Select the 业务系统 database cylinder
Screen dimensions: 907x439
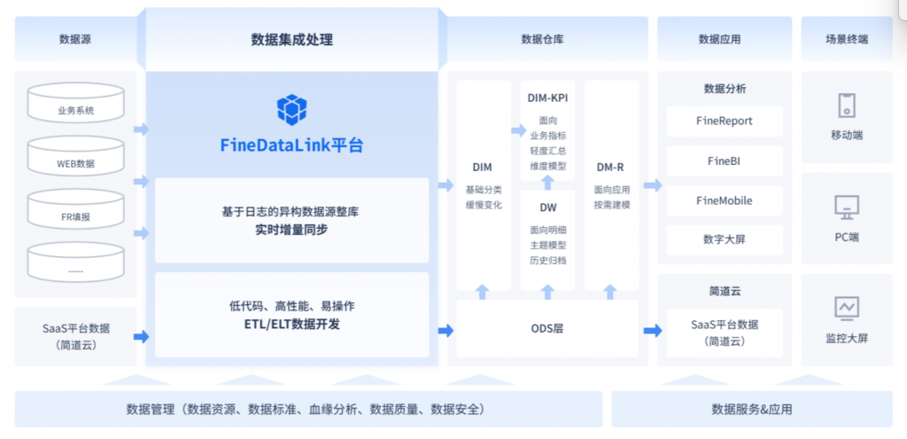pos(76,103)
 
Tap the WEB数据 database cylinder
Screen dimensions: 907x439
pos(76,156)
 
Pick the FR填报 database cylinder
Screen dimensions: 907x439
pos(76,209)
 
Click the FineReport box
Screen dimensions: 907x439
pos(725,122)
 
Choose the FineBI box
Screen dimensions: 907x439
pos(725,161)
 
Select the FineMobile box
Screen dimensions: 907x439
pos(725,201)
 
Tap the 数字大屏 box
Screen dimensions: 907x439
pos(725,240)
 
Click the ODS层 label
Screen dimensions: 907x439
pos(547,329)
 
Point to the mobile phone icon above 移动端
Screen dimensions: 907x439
pos(846,106)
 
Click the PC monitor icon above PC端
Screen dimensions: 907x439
pos(846,208)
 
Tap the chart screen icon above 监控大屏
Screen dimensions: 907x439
pos(846,308)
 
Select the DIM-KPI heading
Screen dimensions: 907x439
pos(547,98)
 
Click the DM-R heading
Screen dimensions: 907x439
pos(611,168)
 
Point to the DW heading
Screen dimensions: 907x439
pos(547,208)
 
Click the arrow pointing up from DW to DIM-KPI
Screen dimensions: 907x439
pos(547,183)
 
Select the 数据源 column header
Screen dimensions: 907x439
pos(75,39)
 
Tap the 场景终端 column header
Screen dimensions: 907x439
pos(846,39)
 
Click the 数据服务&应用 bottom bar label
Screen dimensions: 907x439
pos(751,410)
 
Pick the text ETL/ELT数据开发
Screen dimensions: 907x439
pos(291,325)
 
